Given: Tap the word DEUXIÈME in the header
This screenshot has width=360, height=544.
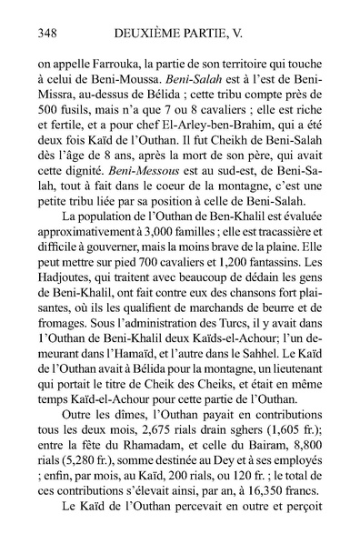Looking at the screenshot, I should (x=139, y=34).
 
